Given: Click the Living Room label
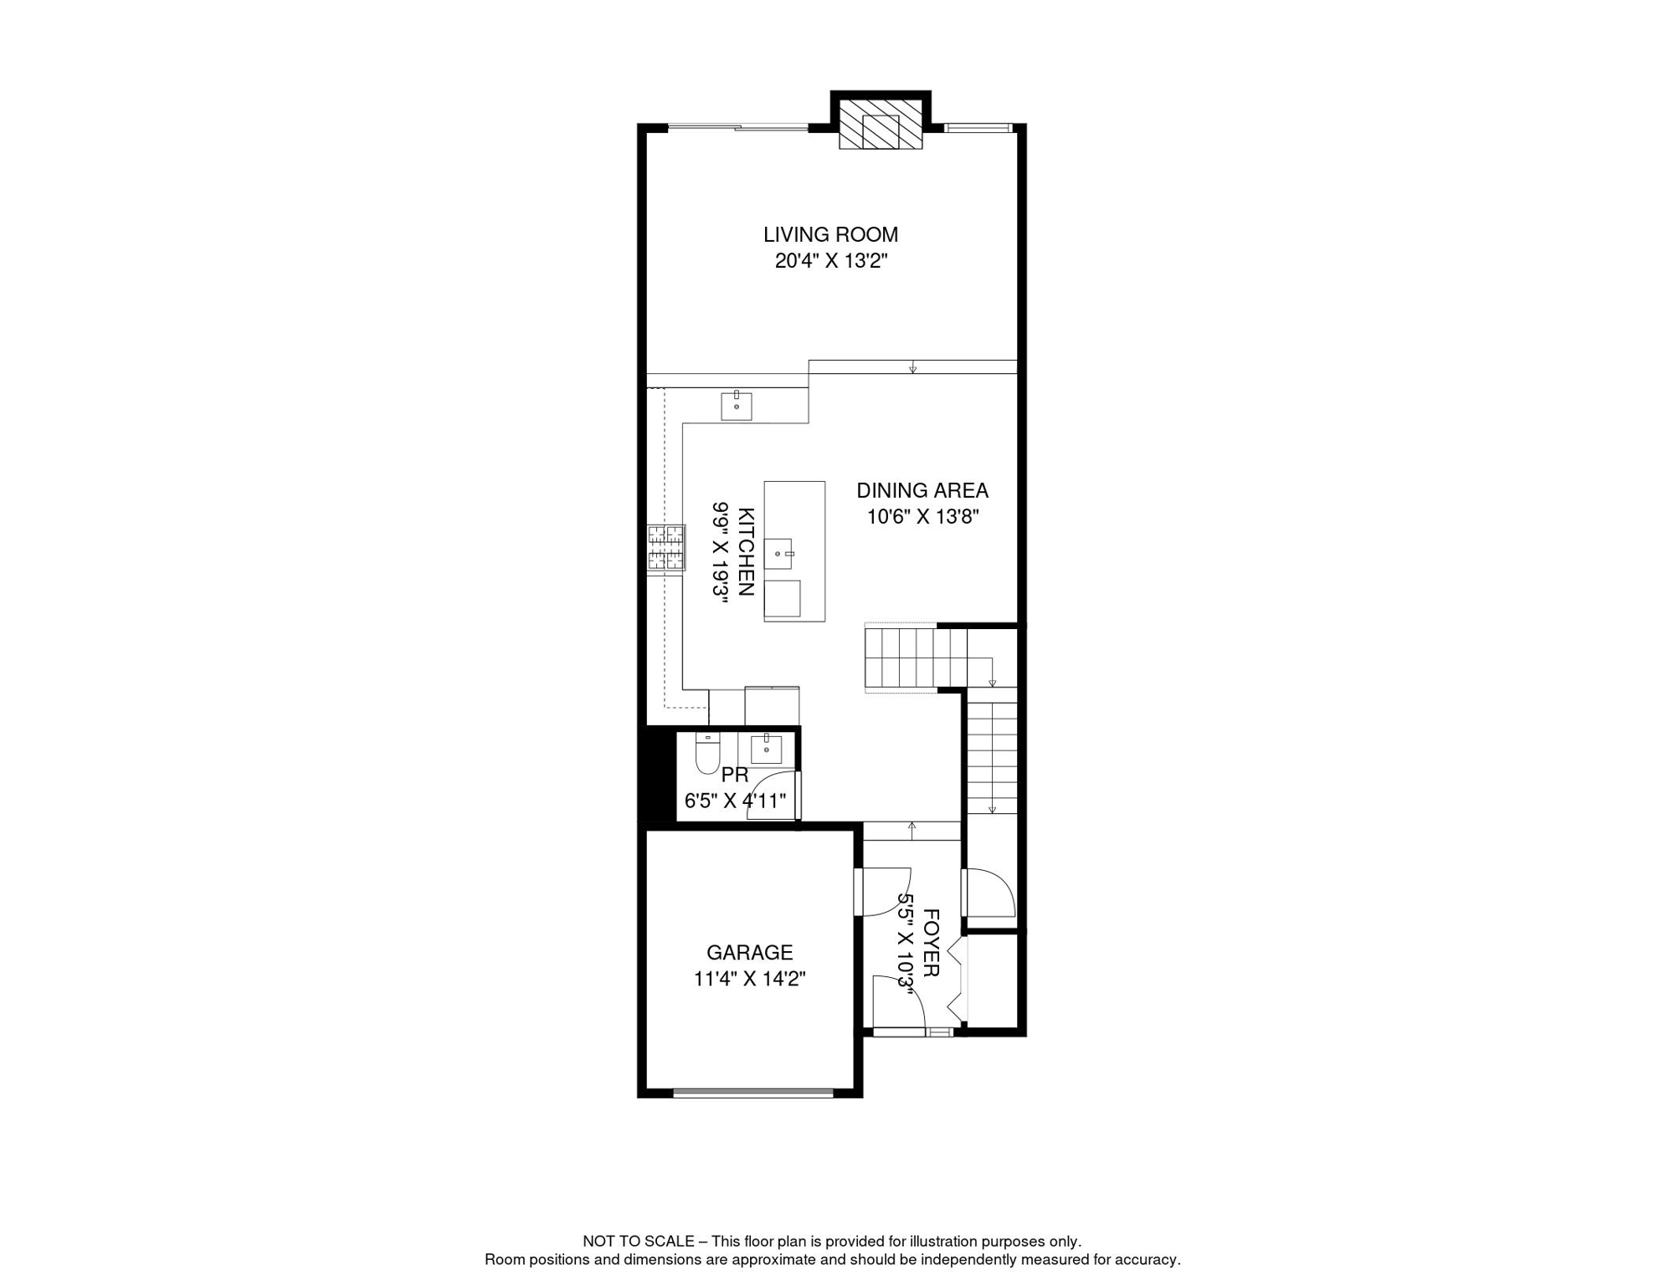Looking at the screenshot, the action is [830, 235].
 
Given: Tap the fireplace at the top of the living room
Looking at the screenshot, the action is [881, 125].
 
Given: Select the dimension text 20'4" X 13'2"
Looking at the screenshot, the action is [830, 261].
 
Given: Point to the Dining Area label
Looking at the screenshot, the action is [922, 490].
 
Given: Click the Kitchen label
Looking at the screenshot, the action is [747, 551].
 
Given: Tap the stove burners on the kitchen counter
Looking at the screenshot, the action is [666, 548].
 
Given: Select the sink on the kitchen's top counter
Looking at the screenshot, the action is [737, 406].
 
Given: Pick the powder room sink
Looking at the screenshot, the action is [766, 749].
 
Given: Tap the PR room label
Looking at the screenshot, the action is [735, 775].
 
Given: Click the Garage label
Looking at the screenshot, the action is [750, 953].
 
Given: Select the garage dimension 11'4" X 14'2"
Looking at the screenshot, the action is [750, 979].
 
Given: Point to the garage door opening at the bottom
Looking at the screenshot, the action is [753, 1092].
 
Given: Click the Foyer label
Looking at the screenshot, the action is [931, 943].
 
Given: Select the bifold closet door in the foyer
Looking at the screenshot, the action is [958, 979].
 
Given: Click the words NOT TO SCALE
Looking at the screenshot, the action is [639, 1241].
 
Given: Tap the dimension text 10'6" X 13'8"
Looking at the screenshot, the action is [922, 517].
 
